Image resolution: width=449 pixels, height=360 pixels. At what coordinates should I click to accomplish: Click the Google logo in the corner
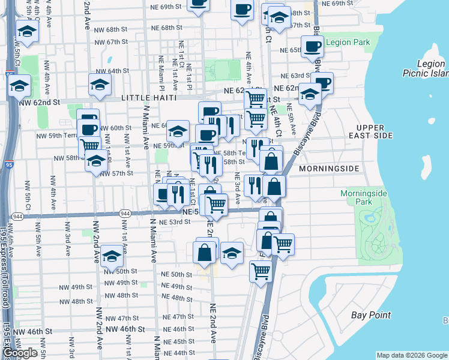[x=20, y=353]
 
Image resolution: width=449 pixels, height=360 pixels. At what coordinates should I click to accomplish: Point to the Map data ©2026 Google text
[x=411, y=356]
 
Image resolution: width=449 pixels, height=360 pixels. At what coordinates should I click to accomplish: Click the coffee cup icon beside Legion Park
[x=312, y=46]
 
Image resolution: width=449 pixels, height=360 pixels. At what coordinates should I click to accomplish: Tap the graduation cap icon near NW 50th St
[x=112, y=256]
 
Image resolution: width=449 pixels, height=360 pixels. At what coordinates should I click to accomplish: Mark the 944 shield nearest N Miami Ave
[x=125, y=213]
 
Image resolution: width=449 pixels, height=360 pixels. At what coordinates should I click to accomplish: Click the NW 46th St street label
[x=125, y=329]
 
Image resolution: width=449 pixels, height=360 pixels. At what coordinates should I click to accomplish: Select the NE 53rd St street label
[x=177, y=222]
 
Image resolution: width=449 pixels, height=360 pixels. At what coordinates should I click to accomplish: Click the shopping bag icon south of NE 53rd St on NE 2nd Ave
[x=204, y=252]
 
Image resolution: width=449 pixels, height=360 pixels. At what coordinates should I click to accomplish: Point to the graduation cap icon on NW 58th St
[x=96, y=160]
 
